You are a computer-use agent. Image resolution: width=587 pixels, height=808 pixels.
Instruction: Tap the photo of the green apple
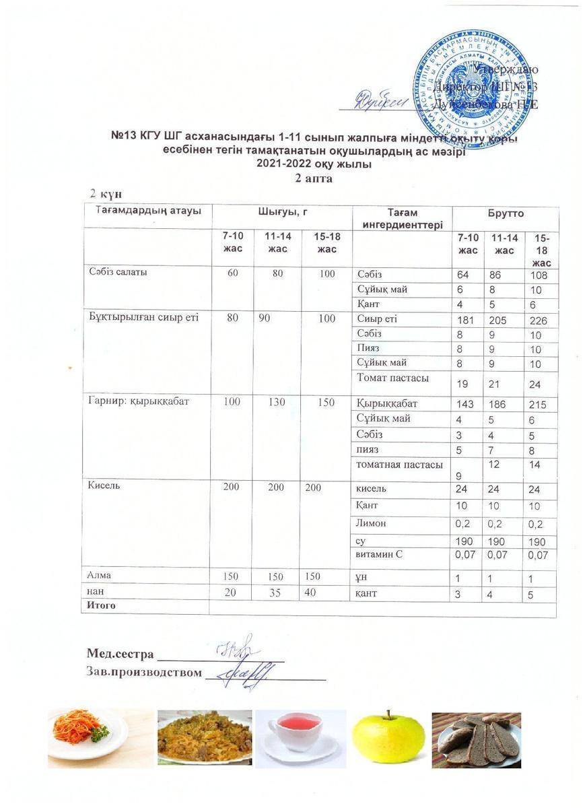388,739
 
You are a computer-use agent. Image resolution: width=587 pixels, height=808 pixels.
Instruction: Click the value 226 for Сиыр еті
538,321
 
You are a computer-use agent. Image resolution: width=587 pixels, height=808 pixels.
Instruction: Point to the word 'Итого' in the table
100,605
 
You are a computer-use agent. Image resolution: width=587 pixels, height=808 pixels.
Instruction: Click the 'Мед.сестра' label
120,654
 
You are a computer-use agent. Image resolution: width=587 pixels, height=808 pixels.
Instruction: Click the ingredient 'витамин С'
379,555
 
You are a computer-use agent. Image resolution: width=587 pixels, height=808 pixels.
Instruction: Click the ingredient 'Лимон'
371,522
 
